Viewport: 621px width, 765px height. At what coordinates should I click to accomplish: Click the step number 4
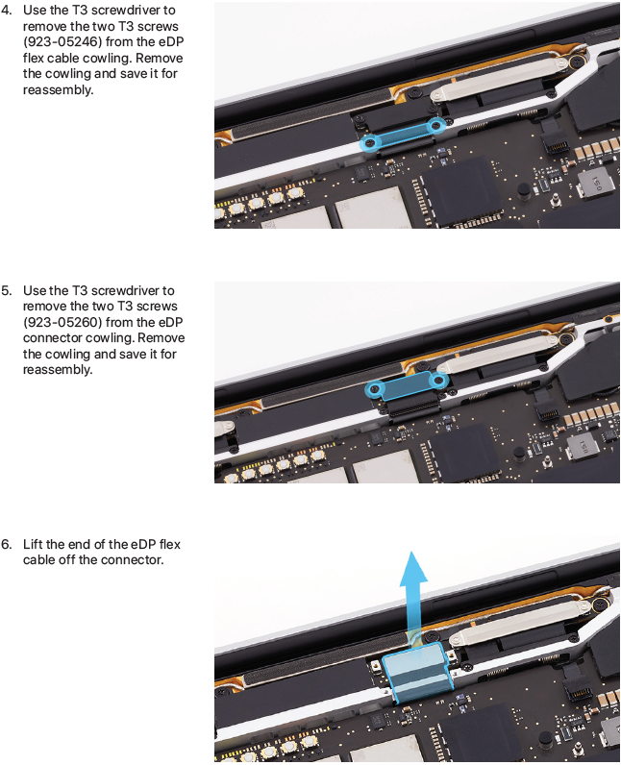click(x=7, y=11)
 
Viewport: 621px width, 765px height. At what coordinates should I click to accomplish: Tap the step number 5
click(x=7, y=291)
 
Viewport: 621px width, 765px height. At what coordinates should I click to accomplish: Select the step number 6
click(x=7, y=545)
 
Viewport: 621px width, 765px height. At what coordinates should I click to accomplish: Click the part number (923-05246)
click(x=62, y=42)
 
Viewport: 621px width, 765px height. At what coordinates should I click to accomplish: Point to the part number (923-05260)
click(x=62, y=323)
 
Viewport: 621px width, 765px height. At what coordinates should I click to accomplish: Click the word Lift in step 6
click(x=32, y=545)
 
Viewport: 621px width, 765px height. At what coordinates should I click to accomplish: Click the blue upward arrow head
click(x=413, y=567)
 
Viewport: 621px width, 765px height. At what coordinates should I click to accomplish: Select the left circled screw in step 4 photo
click(x=371, y=143)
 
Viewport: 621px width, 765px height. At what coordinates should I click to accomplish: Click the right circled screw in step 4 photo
click(x=436, y=126)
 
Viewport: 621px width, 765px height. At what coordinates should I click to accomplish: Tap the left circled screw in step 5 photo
click(x=375, y=389)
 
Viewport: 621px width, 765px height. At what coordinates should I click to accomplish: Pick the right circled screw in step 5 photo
click(x=440, y=379)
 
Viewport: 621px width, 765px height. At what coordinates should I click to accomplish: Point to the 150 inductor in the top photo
click(x=594, y=185)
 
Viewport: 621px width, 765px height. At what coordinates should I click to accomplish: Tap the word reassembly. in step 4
click(x=58, y=90)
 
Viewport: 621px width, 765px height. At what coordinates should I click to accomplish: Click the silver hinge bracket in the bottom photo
click(x=526, y=621)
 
